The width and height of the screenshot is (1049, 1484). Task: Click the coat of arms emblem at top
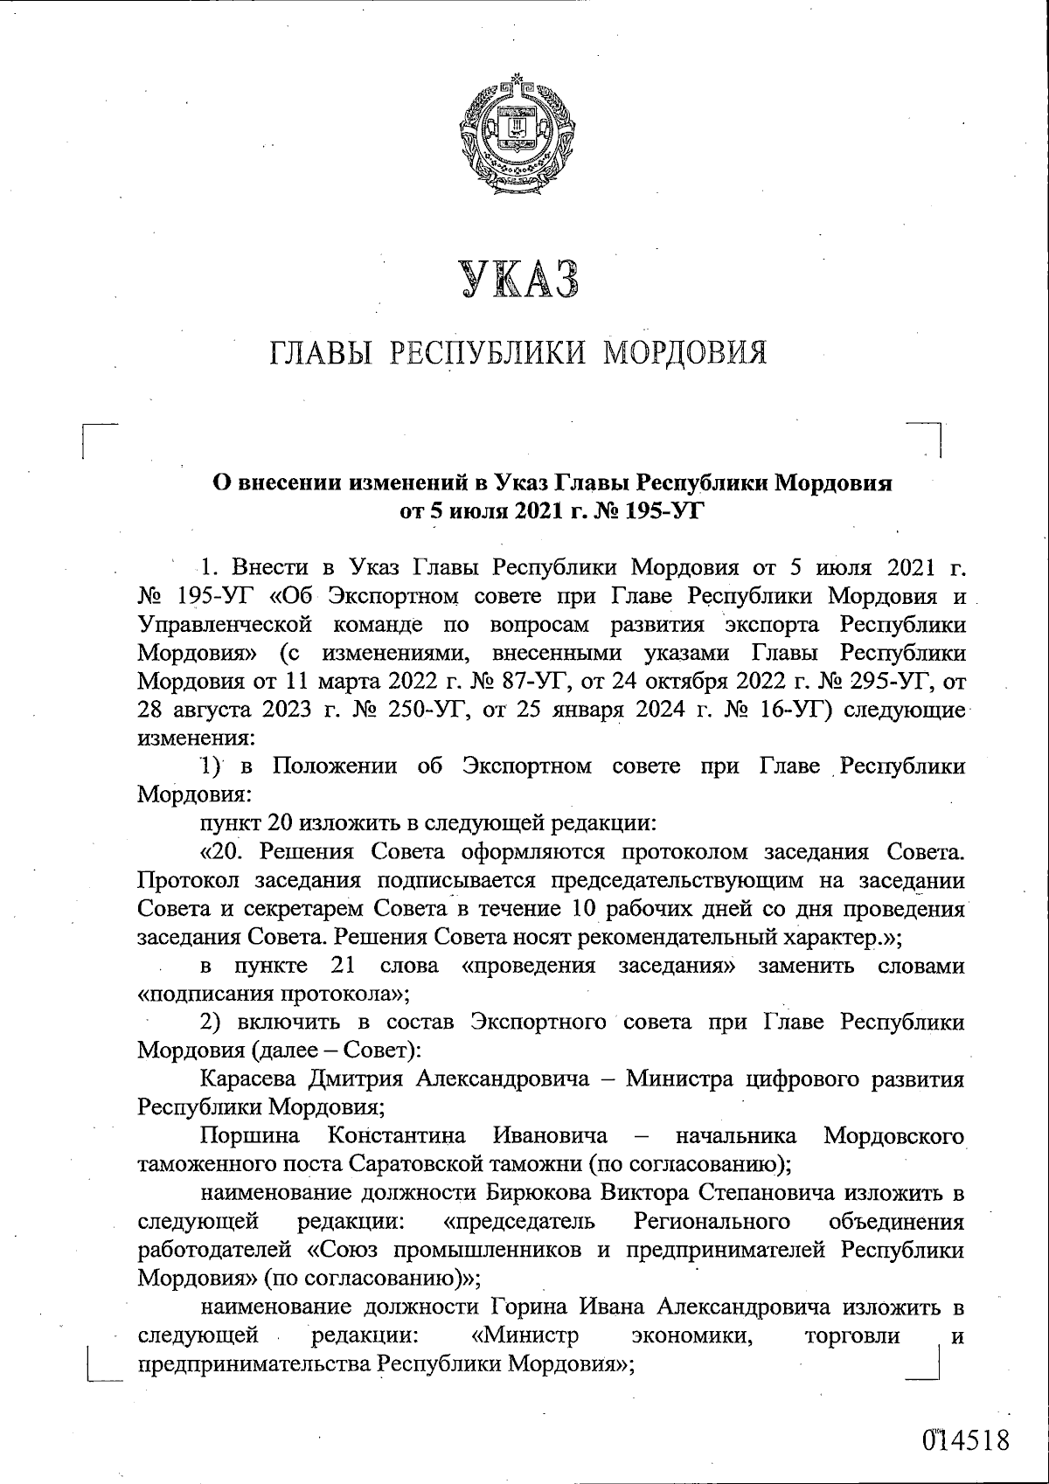coord(515,139)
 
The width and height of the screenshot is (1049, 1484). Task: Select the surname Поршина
coord(249,1135)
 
